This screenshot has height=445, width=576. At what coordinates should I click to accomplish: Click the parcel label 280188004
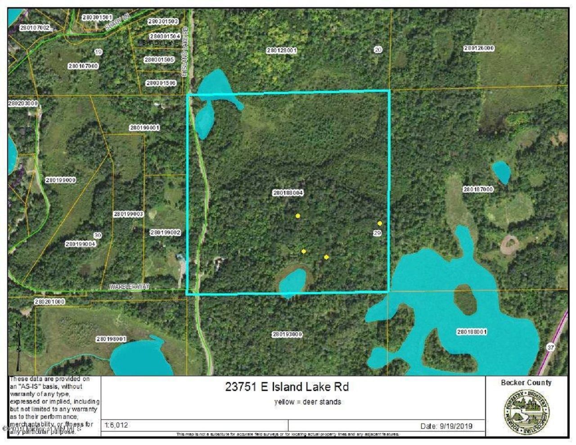pos(288,193)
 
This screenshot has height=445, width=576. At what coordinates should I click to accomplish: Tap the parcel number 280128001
pos(281,51)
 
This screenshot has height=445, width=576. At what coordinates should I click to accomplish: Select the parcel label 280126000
pos(479,48)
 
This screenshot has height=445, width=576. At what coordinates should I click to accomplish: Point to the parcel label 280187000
pos(478,189)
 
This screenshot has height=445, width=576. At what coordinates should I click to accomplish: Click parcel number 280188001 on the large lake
pos(472,332)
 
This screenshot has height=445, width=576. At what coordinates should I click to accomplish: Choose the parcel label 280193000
pos(287,334)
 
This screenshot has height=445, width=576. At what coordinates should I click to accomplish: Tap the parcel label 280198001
pos(111,339)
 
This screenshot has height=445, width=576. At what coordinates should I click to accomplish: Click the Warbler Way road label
pos(129,287)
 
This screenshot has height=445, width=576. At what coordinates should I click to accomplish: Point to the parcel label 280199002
pos(165,233)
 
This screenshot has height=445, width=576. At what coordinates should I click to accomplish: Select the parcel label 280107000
pos(83,66)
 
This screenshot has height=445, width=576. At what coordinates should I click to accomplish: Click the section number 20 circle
pos(378,49)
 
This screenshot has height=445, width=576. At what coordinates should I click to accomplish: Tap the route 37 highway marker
pos(551,347)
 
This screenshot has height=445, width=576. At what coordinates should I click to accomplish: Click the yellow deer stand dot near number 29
pos(380,223)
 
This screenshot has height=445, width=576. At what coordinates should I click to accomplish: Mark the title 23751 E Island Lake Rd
pos(287,387)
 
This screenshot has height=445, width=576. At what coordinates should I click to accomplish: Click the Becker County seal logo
pos(526,412)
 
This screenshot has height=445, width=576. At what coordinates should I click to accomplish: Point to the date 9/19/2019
pos(446,426)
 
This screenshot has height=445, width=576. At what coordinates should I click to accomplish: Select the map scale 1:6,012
pos(117,425)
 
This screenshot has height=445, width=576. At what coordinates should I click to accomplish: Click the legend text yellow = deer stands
pos(308,402)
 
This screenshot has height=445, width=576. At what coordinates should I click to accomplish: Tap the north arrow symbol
pos(18,344)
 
